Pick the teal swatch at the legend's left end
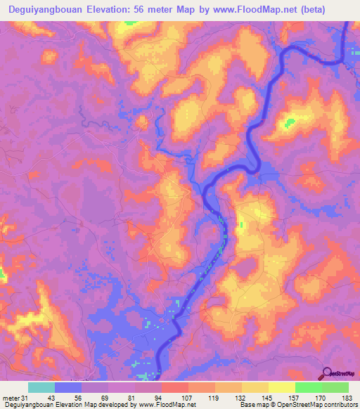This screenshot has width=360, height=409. point(41,387)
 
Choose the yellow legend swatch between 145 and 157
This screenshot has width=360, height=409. point(281,387)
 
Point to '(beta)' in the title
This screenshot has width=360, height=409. point(309,8)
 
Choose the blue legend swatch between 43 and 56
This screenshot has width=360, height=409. point(67,387)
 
